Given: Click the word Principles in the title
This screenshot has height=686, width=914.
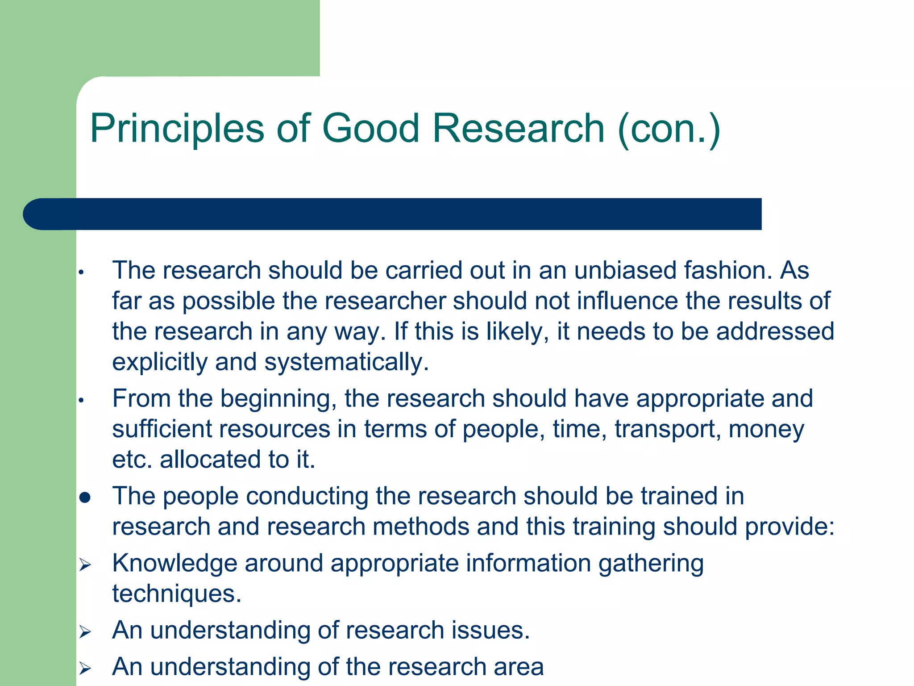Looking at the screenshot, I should (x=177, y=129).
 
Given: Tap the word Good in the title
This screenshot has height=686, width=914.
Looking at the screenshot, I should (x=370, y=129).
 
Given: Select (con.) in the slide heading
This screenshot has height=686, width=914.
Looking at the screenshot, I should (x=669, y=129).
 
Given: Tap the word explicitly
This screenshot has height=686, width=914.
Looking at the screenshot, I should (x=159, y=362).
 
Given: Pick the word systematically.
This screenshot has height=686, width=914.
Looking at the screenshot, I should (x=346, y=362).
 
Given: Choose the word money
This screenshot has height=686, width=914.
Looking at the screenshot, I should (x=766, y=430).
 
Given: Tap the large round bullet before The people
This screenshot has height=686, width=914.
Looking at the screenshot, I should (x=85, y=498).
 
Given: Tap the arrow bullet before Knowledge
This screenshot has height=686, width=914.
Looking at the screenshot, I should (x=85, y=565).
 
